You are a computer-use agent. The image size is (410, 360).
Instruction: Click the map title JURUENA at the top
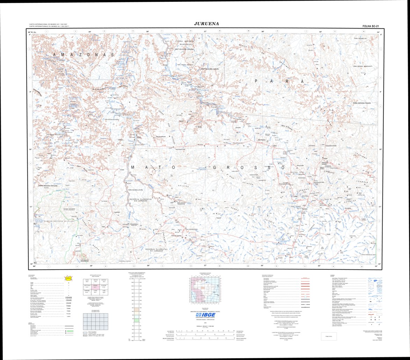(x=206, y=24)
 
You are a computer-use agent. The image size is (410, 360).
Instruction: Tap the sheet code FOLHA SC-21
(x=371, y=26)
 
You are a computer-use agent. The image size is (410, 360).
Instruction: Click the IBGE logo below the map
(x=205, y=315)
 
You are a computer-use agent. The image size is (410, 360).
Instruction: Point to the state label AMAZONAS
(x=84, y=55)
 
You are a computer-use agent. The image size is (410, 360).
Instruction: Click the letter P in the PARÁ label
(x=257, y=81)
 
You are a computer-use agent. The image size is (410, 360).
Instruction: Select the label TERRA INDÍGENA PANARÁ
(x=366, y=103)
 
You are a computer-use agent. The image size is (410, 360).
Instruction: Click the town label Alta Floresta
(x=262, y=139)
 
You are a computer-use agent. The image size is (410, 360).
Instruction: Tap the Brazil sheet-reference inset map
(x=205, y=292)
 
